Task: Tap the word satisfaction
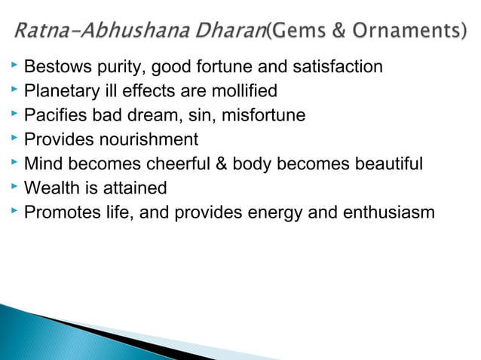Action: (x=341, y=68)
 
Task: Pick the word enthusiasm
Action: (x=384, y=212)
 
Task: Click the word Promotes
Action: (x=58, y=212)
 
